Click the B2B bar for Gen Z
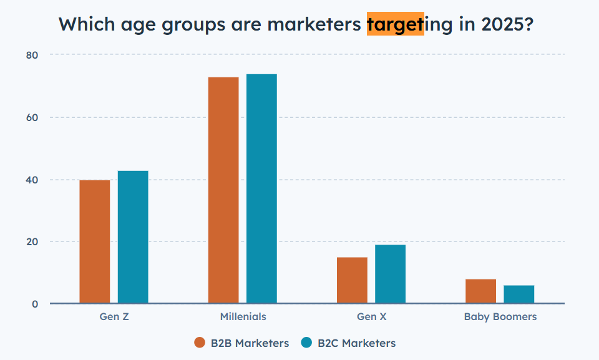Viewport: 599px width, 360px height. [x=95, y=241]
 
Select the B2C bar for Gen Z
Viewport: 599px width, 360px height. [x=133, y=237]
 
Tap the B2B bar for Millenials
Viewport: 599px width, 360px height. [x=223, y=190]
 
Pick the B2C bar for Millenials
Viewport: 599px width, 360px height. [x=261, y=188]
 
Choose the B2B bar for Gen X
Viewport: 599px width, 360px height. [x=352, y=280]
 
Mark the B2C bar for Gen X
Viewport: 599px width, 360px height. [x=390, y=274]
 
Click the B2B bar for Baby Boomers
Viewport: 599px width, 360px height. [x=480, y=291]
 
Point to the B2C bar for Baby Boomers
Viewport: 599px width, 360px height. [x=519, y=294]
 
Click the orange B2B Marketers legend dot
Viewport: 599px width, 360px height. [x=200, y=343]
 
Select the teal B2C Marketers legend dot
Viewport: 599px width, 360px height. [x=306, y=343]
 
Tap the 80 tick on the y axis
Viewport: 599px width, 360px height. [x=32, y=55]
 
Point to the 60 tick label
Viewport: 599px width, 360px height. [x=32, y=117]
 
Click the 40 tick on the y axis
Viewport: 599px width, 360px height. [x=32, y=180]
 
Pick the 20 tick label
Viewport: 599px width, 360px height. [x=32, y=241]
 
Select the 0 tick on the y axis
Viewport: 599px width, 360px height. [x=35, y=304]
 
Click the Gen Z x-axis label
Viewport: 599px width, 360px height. [x=114, y=316]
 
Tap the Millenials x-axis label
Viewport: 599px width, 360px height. [x=243, y=316]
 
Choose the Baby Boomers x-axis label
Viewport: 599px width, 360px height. [x=500, y=316]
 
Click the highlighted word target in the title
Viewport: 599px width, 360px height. [x=395, y=25]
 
